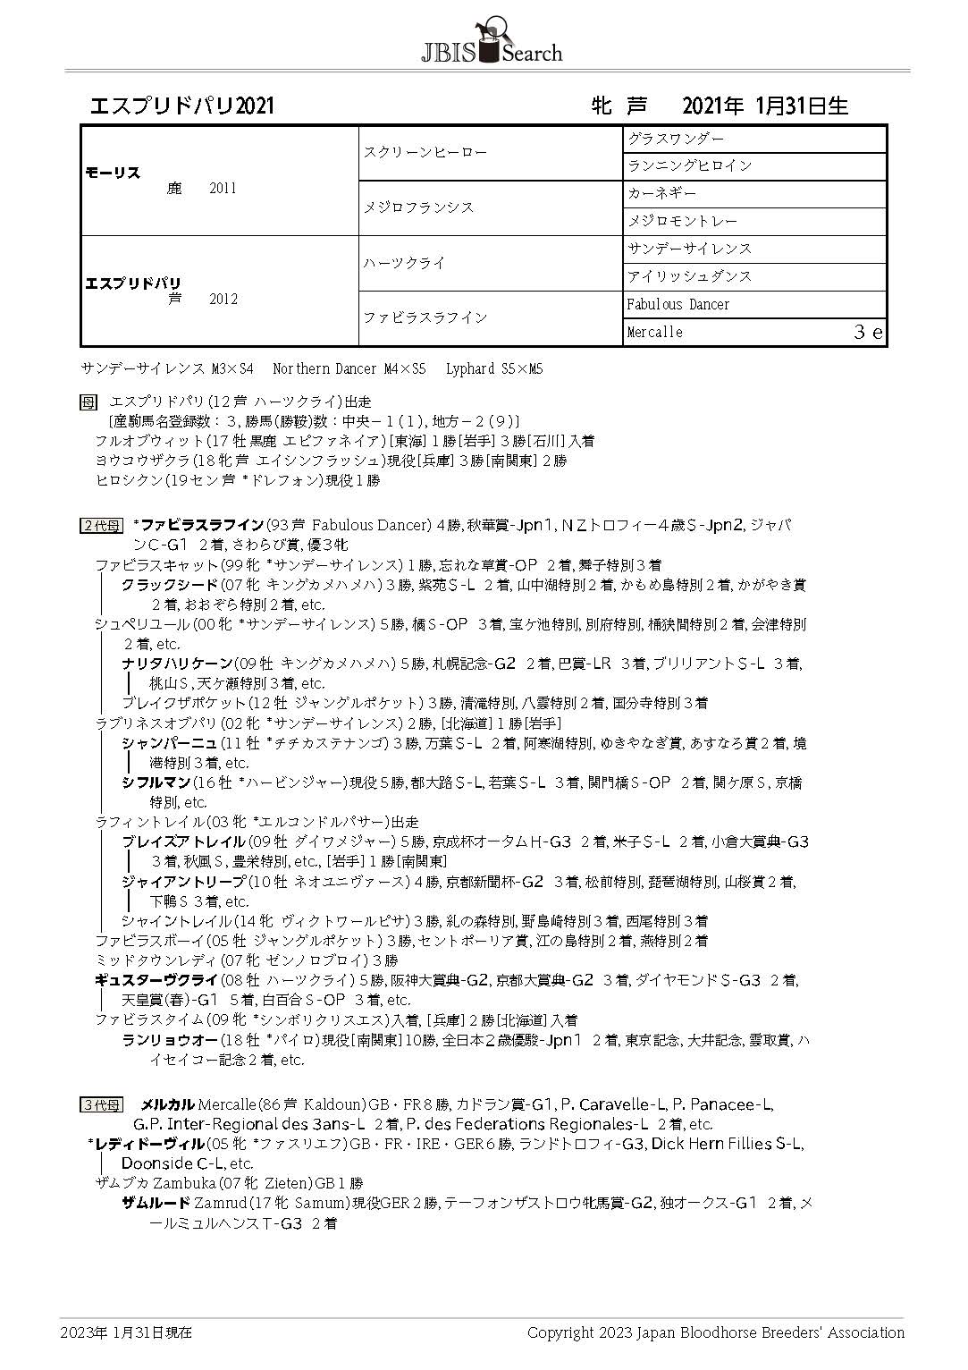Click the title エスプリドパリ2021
pos(181,106)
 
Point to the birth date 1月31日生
pos(801,106)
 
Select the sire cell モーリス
pos(113,173)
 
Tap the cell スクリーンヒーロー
pos(425,153)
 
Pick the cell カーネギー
pos(661,194)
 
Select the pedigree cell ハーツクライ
pos(404,263)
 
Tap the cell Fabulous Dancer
pos(678,304)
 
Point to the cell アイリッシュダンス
pos(689,276)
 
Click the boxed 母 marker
pos(88,402)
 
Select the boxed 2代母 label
pos(101,526)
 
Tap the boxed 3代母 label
pos(101,1105)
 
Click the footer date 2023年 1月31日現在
pos(126,1332)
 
